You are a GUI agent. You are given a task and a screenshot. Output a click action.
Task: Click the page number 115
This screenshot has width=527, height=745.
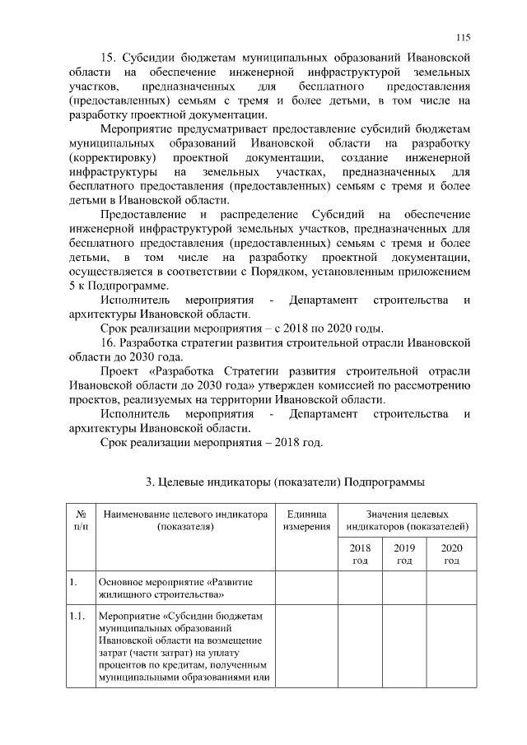462,37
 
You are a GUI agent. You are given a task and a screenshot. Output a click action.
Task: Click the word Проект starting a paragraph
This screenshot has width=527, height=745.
120,370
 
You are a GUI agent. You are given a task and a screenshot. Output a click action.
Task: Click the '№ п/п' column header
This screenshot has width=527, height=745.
81,519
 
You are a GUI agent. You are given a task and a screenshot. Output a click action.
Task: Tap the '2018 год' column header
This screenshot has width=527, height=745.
360,554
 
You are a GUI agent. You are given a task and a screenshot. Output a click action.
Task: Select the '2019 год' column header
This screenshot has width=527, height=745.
403,554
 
